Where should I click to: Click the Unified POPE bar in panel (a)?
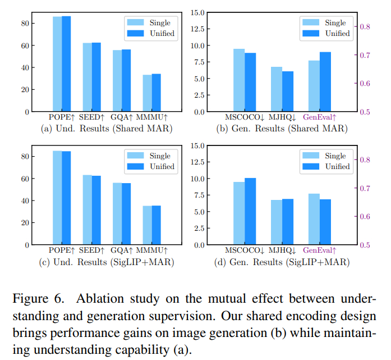[66, 64]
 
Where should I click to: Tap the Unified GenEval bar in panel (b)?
[325, 82]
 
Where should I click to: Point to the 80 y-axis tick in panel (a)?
[25, 24]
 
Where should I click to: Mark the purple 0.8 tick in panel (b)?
[365, 26]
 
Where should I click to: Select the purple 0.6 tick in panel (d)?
[365, 216]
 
